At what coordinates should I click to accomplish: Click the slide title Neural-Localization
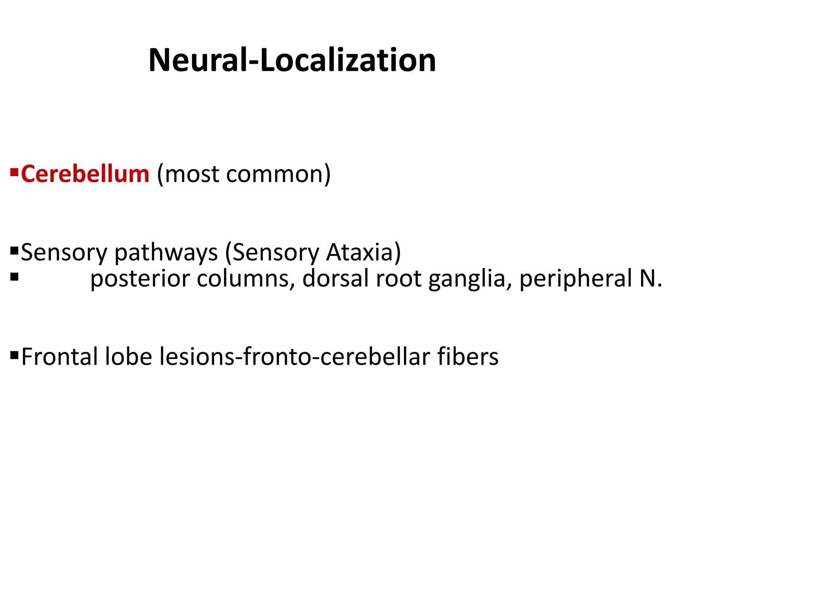coord(292,60)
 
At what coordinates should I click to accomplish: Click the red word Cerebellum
coord(85,174)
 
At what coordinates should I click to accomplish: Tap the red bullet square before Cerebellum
coord(14,173)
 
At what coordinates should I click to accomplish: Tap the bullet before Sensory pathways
coord(14,251)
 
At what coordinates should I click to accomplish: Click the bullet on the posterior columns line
coord(14,277)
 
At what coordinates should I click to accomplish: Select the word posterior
coord(140,279)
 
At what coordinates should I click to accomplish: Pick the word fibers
coord(468,356)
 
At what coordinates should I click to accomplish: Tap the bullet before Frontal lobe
coord(14,355)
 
